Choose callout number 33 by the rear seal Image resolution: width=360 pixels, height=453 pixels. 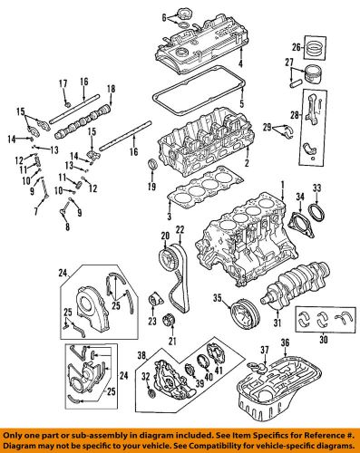(x=316, y=188)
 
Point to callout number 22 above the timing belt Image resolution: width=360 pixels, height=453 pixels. (x=180, y=228)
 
